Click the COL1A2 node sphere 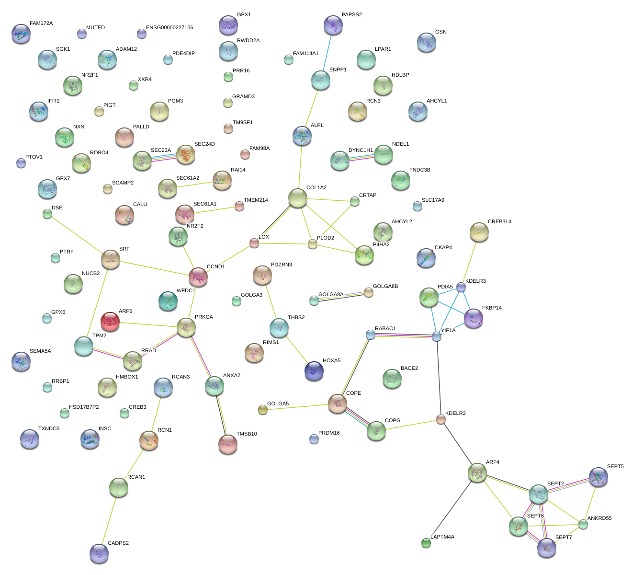tap(297, 198)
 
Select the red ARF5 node tap(110, 322)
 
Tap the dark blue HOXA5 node tap(314, 371)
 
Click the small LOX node tap(254, 243)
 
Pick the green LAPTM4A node tap(426, 542)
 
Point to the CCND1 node tap(198, 277)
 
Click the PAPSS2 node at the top tap(333, 25)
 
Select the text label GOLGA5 tap(278, 403)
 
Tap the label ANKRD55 tap(599, 518)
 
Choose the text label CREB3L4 tap(499, 222)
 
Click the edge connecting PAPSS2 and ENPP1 tap(327, 53)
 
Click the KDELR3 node tap(461, 287)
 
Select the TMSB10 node tap(227, 444)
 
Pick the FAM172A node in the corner tap(21, 34)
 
